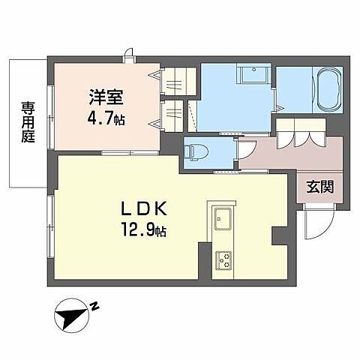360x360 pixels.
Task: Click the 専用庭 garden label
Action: point(28,123)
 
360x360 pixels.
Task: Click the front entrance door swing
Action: point(318,223)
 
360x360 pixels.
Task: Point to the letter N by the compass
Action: point(95,305)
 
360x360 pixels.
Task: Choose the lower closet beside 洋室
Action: point(173,115)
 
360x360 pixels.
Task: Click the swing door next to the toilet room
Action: point(247,152)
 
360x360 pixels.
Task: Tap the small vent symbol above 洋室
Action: point(130,52)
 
